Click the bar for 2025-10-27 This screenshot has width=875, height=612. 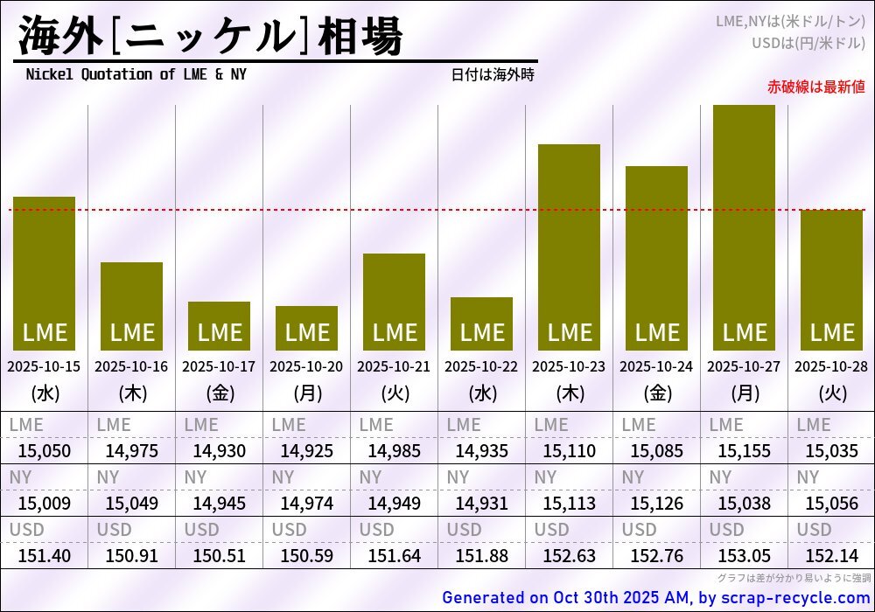[744, 227]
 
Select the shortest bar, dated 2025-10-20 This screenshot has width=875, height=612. [306, 328]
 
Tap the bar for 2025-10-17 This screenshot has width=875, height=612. [219, 325]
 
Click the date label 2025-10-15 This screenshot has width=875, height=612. [44, 366]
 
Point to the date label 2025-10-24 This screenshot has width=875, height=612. [656, 366]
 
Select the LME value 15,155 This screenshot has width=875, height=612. [744, 451]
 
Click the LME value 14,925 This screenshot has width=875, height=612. [306, 451]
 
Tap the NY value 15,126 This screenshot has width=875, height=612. [656, 503]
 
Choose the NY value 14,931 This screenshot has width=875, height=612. [481, 503]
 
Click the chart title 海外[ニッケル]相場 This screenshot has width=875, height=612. [210, 37]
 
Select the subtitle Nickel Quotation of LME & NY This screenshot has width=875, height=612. [136, 74]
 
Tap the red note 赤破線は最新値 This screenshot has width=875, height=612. [815, 87]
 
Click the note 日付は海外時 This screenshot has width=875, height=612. [493, 74]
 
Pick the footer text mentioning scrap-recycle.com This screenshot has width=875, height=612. [656, 598]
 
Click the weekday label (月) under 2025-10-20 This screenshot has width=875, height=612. [306, 393]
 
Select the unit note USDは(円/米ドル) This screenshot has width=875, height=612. [808, 42]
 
